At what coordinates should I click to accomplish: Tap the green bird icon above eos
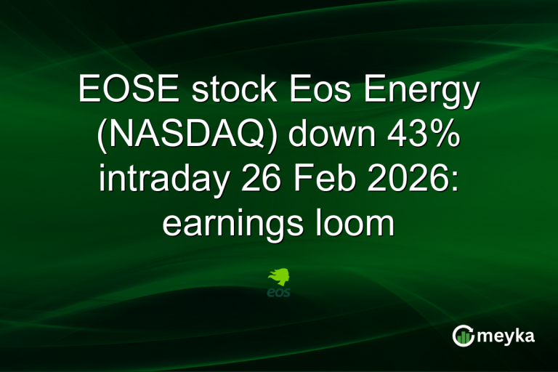pos(279,278)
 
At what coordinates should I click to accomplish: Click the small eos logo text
pos(279,293)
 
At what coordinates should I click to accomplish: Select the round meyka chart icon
pos(463,335)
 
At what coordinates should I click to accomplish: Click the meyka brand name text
pos(506,336)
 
